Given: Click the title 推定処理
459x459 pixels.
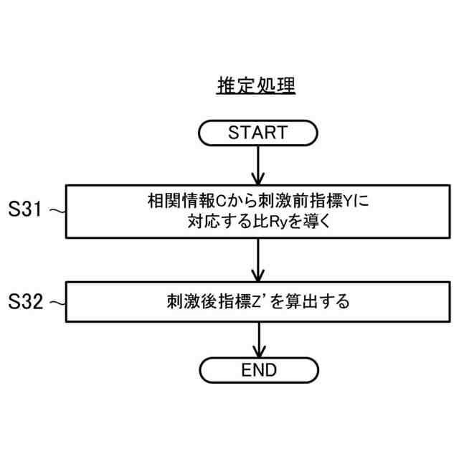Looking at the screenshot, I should click(257, 85).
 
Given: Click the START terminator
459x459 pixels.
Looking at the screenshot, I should click(257, 133).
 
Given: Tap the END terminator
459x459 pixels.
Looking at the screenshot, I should click(258, 370).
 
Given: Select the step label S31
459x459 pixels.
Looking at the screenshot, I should click(25, 210).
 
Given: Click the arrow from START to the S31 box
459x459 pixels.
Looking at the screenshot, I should click(257, 164).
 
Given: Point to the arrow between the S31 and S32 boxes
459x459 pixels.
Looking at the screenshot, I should click(257, 259).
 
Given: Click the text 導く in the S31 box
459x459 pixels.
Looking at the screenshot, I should click(315, 222).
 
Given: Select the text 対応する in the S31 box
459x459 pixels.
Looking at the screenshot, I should click(213, 222).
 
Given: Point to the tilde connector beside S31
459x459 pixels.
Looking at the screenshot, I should click(58, 211).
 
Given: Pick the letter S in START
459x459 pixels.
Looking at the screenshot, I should click(234, 133).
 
